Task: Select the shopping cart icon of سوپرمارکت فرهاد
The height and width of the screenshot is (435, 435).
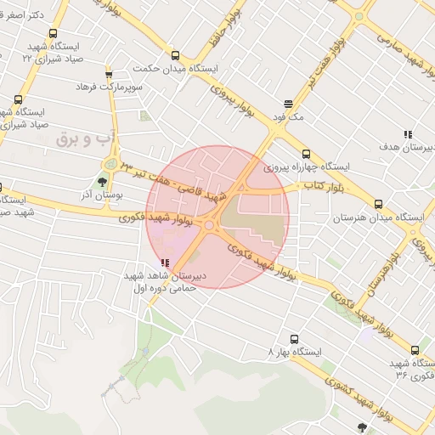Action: (x=109, y=75)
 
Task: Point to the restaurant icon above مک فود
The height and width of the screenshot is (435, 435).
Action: (x=289, y=102)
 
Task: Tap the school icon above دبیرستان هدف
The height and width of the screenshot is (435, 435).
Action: (x=409, y=134)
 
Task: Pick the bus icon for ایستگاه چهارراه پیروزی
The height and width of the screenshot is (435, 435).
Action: (x=306, y=155)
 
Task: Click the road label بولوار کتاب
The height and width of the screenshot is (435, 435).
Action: (x=324, y=186)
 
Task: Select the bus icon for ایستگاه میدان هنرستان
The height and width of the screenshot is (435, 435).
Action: (x=378, y=204)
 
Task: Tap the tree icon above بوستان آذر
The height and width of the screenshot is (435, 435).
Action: (x=103, y=180)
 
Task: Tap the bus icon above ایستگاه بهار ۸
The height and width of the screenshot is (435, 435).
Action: (x=294, y=338)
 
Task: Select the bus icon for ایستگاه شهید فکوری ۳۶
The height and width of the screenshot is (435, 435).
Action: (x=415, y=349)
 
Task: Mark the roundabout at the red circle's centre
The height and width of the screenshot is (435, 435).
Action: (x=209, y=224)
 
